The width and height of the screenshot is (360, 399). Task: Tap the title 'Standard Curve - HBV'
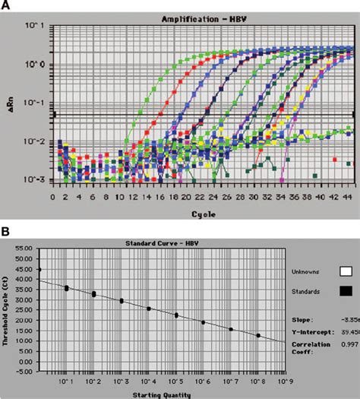(158, 242)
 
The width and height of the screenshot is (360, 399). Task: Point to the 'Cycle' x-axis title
(201, 214)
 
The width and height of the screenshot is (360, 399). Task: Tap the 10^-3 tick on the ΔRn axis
(37, 180)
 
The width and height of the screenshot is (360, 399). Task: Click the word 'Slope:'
(302, 320)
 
